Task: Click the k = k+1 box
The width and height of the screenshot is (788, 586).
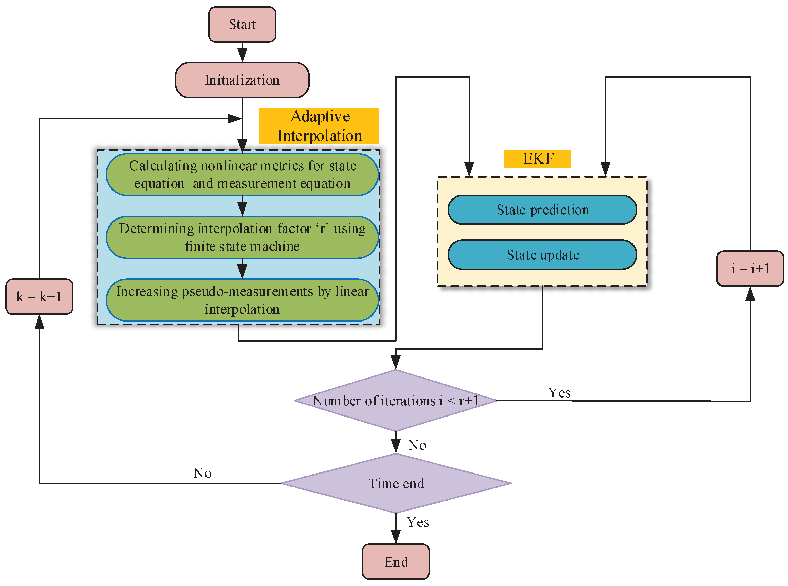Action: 39,297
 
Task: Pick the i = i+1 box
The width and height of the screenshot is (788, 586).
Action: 750,269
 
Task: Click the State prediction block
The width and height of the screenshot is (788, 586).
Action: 542,210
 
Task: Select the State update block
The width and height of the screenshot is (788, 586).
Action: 542,255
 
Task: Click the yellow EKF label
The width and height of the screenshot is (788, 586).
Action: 537,159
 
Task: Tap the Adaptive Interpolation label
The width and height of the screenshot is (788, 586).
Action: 319,126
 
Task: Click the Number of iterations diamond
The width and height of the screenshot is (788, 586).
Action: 395,401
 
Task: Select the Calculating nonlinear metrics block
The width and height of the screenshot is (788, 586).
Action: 242,175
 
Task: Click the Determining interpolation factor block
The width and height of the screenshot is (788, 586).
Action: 242,237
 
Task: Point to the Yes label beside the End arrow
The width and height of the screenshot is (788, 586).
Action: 418,522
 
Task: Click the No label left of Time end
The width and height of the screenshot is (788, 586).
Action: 202,473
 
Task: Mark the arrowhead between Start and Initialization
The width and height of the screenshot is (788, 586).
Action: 242,55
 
